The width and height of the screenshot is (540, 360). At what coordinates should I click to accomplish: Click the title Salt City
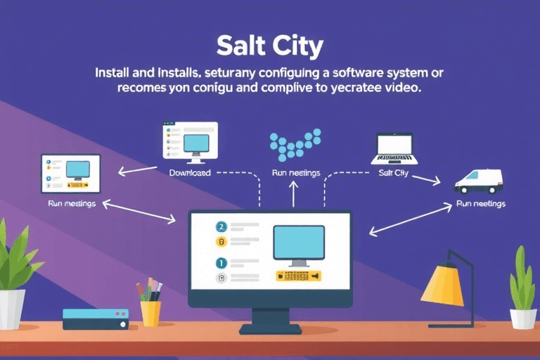point(270,47)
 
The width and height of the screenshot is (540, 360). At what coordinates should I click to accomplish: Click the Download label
point(190,172)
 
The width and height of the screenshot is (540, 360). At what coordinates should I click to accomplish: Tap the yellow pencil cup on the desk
point(150,312)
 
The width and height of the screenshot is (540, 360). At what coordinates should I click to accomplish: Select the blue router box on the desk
point(95,319)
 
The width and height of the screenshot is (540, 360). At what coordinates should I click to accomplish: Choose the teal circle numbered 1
point(221,263)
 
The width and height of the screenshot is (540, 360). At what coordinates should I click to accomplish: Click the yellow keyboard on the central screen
point(298,276)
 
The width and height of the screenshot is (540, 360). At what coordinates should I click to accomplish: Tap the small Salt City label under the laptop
point(393,173)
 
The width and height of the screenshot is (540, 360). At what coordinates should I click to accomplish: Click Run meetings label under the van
point(480,204)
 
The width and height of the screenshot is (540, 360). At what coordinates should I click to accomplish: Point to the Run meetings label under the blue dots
point(295,173)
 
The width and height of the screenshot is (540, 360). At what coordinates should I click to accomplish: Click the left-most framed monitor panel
point(71,174)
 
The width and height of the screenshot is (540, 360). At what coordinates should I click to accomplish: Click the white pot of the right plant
point(522,319)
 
